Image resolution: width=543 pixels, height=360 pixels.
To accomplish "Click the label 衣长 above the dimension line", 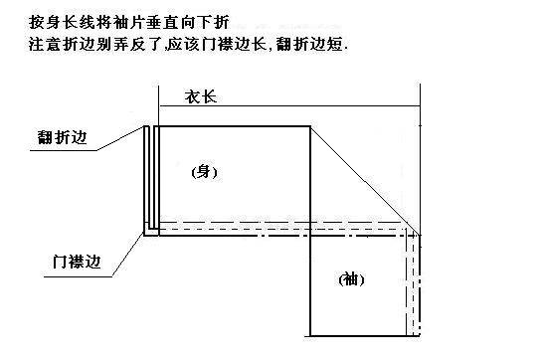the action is (201, 96).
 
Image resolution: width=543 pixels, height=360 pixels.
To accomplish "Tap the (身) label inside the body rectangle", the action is (205, 172).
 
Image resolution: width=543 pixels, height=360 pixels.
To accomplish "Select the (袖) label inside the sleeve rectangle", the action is (351, 279).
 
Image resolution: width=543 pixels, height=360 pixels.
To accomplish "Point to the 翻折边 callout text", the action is (62, 137).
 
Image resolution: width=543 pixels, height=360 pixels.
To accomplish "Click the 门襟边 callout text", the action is (77, 262).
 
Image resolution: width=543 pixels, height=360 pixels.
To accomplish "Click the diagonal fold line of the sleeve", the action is (365, 181).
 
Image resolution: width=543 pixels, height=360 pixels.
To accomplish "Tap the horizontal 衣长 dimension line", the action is (289, 106).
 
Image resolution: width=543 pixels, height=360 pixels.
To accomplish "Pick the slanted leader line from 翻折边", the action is (120, 138).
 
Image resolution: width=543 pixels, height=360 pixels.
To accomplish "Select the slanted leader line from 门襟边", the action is (127, 256).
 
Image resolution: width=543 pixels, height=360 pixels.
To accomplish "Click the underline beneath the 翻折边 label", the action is (64, 150).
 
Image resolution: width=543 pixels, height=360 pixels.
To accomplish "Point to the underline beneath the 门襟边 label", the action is (78, 276).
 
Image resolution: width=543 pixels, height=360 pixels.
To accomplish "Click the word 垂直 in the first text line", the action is (162, 23).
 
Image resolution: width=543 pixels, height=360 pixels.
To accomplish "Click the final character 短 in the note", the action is (334, 45).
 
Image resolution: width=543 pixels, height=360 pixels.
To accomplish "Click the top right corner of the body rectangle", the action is (310, 126).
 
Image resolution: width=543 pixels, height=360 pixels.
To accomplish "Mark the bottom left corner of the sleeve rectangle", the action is (310, 336).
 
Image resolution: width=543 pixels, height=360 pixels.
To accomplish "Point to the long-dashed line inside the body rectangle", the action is (282, 222).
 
